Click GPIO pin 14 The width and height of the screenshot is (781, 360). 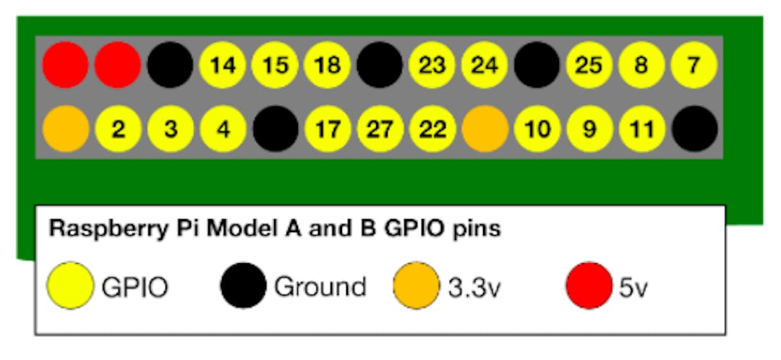point(223,65)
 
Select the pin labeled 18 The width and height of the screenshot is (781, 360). point(328,65)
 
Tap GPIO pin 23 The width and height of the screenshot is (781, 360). point(432,65)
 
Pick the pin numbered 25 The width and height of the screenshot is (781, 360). point(589,65)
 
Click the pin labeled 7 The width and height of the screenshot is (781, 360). point(693,65)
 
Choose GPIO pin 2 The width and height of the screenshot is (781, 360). point(118,129)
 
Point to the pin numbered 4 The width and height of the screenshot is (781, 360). point(223,129)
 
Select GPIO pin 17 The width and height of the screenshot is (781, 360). point(328,129)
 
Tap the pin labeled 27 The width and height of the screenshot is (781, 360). point(380,129)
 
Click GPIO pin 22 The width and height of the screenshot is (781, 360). point(432,129)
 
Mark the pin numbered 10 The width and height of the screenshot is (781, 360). point(537,129)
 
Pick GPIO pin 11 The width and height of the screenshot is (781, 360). point(641,129)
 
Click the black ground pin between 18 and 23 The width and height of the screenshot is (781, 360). point(380,65)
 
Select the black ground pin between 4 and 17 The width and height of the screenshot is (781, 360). point(276,129)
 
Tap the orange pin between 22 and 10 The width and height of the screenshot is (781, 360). point(485,129)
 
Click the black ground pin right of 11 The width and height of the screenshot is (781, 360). point(694,129)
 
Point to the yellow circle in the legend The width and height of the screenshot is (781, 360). point(69,286)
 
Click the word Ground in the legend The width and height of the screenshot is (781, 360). point(320,286)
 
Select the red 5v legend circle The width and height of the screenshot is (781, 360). point(589,286)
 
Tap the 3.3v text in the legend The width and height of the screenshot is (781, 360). point(474,287)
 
